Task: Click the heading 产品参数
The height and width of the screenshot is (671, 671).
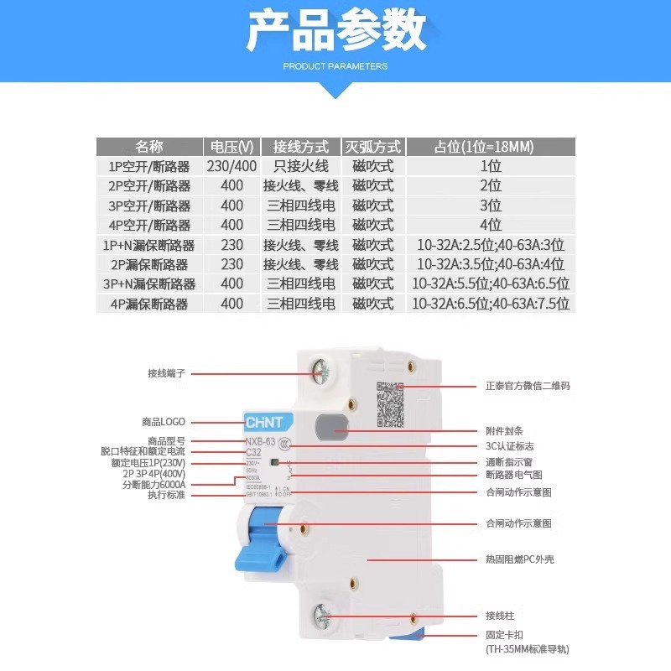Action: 335,32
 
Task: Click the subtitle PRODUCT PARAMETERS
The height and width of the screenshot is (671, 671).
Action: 335,65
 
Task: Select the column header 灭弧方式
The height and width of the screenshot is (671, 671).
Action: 372,147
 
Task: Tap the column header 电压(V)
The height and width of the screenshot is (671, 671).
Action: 231,147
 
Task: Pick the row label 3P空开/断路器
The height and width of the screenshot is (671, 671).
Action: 149,205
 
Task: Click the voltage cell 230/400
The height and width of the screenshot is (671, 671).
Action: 231,166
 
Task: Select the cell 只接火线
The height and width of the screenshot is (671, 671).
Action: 300,166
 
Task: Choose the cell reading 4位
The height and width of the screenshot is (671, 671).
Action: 490,225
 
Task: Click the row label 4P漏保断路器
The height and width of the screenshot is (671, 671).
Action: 149,304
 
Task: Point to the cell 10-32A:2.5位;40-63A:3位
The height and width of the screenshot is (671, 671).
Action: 490,245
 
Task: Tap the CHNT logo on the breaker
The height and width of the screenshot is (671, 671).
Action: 265,421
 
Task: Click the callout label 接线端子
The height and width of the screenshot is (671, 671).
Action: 165,373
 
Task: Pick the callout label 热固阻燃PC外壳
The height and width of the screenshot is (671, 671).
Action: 519,559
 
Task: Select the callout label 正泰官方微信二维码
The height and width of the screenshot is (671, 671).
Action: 528,387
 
